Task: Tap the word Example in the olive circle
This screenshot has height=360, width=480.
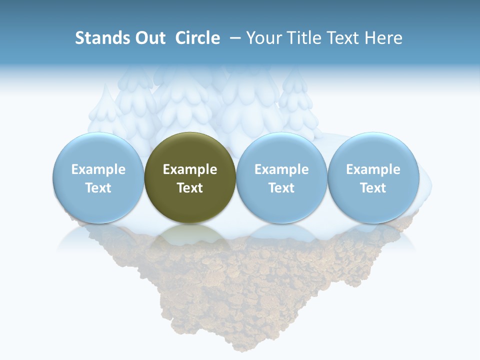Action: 190,169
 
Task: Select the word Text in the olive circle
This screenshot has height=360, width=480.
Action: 190,188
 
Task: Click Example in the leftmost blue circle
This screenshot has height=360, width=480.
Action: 98,169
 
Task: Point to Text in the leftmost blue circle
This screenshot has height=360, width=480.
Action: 98,188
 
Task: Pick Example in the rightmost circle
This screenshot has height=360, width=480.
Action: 373,169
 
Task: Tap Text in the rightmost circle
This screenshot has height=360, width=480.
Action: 373,188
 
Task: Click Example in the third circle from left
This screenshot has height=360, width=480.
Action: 281,169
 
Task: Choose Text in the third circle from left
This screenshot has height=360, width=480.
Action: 281,188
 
